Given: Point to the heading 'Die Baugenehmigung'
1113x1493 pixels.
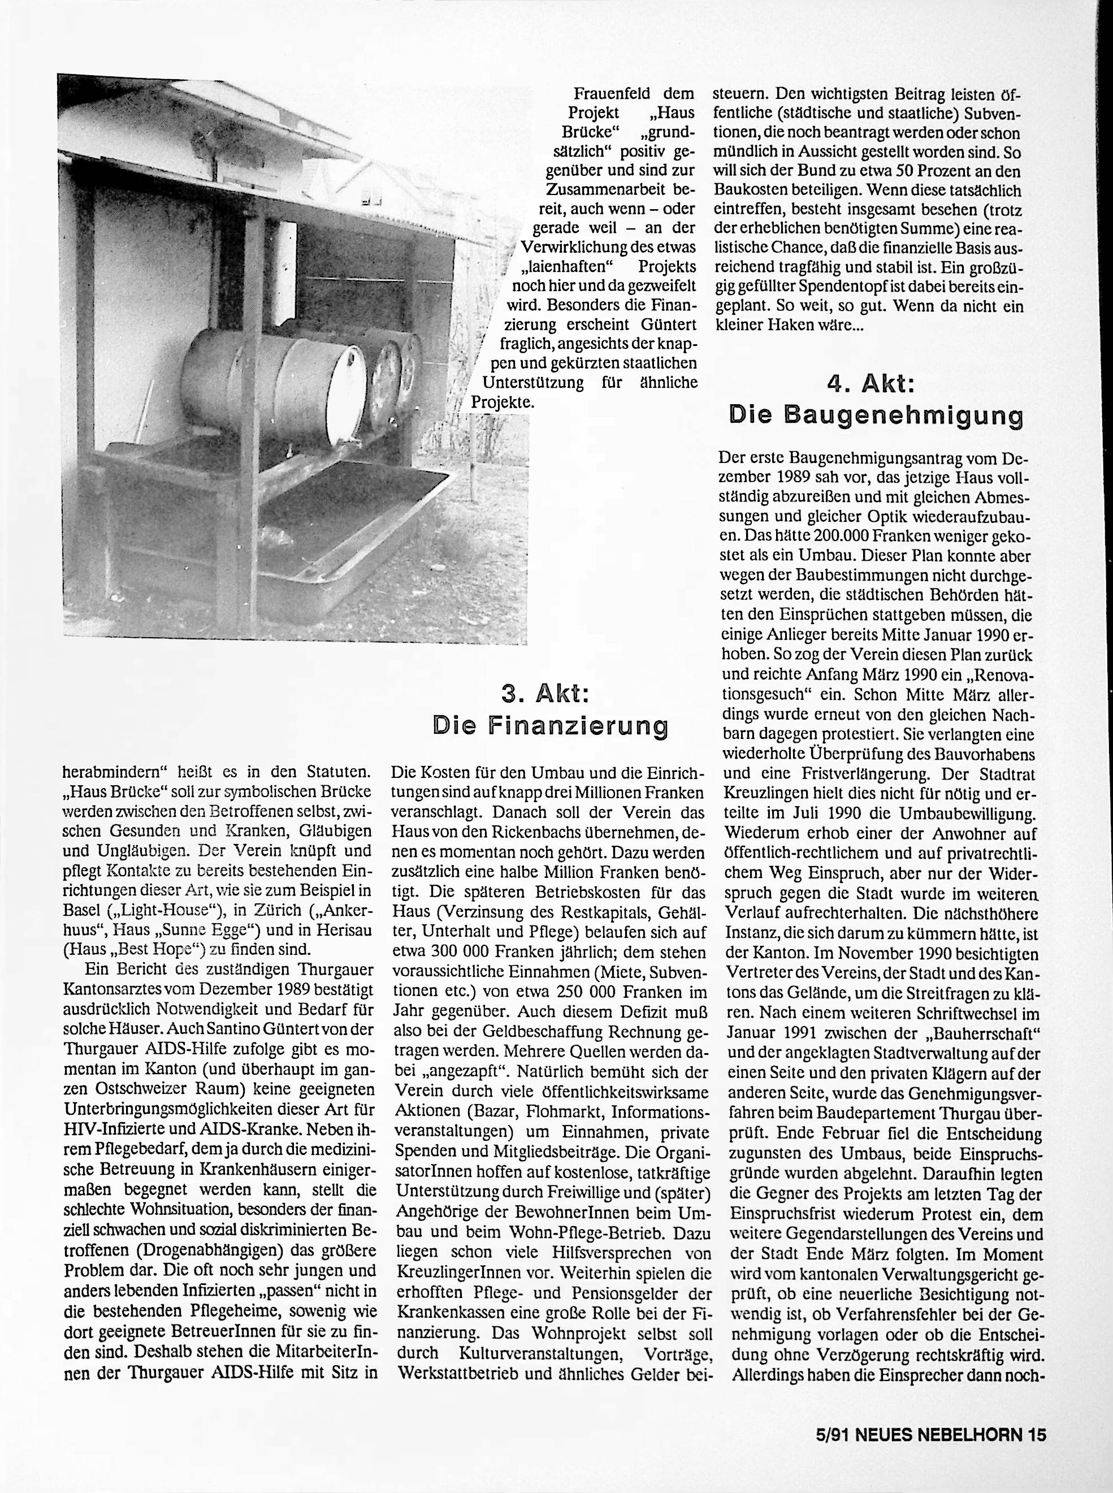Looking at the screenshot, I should tap(876, 416).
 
